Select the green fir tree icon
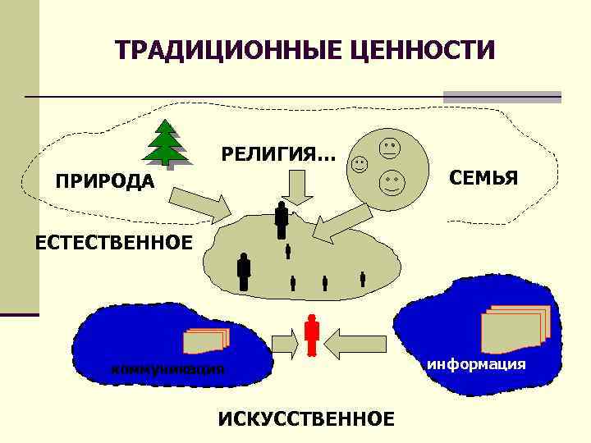(169, 143)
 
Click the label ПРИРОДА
(104, 180)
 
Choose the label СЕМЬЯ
(482, 178)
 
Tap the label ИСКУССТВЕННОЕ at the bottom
(305, 418)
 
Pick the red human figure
(311, 336)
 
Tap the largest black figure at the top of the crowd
(282, 220)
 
